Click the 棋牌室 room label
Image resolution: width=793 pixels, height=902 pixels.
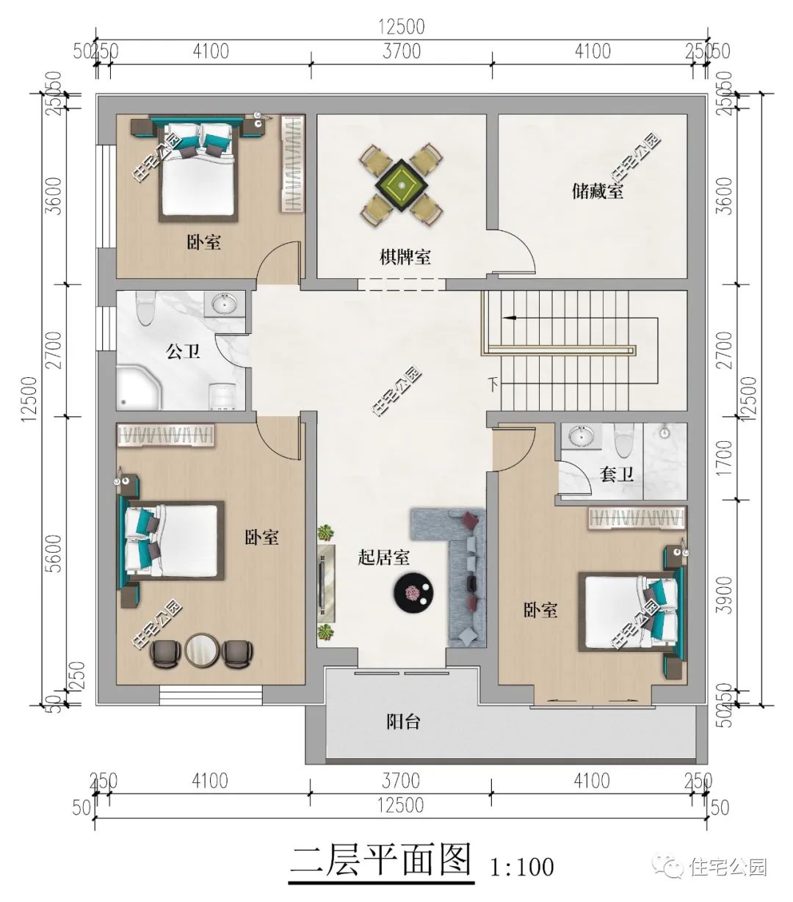pyautogui.click(x=405, y=258)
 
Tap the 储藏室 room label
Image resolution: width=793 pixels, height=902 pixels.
pyautogui.click(x=598, y=192)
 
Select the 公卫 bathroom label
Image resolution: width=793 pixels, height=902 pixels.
pyautogui.click(x=183, y=352)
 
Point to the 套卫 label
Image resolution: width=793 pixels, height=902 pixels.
pyautogui.click(x=617, y=475)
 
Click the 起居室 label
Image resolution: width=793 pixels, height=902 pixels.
pyautogui.click(x=383, y=558)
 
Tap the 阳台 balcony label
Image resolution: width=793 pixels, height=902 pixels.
pyautogui.click(x=403, y=721)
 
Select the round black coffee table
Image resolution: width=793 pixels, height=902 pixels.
pyautogui.click(x=413, y=592)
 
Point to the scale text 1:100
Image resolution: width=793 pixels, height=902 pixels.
pyautogui.click(x=522, y=868)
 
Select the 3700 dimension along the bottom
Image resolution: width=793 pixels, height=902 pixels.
pyautogui.click(x=401, y=780)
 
